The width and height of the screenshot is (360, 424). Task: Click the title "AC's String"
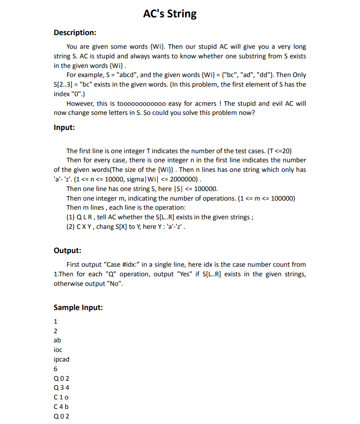coord(170,14)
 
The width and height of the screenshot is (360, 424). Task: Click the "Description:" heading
coord(75,33)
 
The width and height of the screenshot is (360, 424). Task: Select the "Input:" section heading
coord(64,128)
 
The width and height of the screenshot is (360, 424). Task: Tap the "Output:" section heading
coord(68,250)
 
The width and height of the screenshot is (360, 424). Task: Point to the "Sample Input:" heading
coord(78,307)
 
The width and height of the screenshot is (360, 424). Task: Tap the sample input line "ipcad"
coord(62,359)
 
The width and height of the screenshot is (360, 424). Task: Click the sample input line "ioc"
coord(57,350)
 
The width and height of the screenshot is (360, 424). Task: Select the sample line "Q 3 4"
coord(61,388)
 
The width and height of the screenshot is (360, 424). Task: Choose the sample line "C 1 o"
coord(61,397)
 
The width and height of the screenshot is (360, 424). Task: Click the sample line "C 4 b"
coord(61,407)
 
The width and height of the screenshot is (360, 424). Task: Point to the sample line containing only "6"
coord(55,369)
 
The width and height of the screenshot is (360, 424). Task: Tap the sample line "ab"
coord(57,340)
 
